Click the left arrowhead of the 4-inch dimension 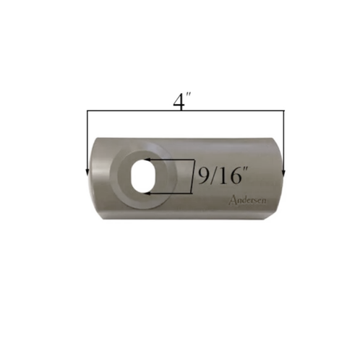click(87, 172)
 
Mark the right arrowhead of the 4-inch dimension click(283, 172)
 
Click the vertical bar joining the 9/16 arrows click(193, 176)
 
